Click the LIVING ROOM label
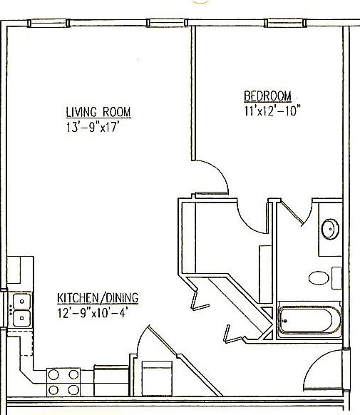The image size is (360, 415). [98, 113]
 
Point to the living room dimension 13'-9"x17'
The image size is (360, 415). [98, 129]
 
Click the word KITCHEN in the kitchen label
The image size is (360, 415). [77, 298]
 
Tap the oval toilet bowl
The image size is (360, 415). [319, 277]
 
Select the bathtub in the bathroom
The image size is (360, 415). [309, 320]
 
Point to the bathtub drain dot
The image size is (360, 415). [286, 320]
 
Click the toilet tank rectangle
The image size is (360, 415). [336, 277]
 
